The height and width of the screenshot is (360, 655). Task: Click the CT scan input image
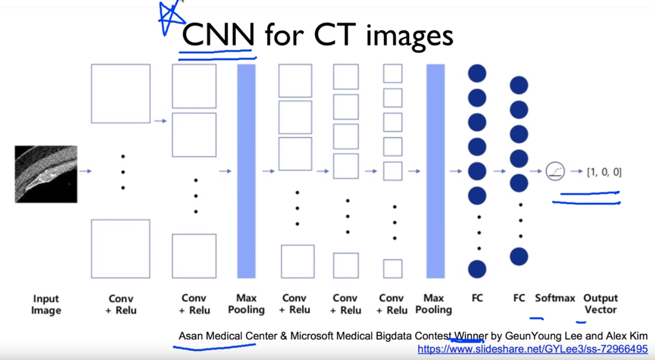tap(46, 174)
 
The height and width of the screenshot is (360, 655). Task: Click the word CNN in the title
tap(218, 35)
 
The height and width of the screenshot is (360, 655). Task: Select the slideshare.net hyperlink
tap(533, 349)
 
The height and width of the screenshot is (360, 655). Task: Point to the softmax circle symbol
tap(555, 172)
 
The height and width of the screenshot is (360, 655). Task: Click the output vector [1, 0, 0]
tap(604, 172)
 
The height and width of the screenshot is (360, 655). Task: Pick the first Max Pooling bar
tap(247, 171)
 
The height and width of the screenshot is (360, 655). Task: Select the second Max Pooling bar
tap(435, 171)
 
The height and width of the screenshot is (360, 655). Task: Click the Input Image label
tap(46, 304)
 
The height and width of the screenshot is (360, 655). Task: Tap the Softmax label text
tap(555, 298)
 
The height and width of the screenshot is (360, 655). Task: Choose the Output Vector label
tap(601, 304)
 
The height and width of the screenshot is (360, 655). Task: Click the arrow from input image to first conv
tap(86, 172)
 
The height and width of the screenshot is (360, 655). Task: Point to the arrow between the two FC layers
tap(500, 171)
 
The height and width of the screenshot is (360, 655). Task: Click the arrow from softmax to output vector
tap(577, 172)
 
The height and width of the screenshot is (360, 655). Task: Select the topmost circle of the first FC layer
tap(477, 73)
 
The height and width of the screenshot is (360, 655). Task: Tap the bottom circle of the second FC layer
tap(519, 257)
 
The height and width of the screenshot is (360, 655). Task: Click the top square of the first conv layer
tap(120, 94)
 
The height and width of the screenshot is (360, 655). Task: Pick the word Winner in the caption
tap(471, 336)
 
